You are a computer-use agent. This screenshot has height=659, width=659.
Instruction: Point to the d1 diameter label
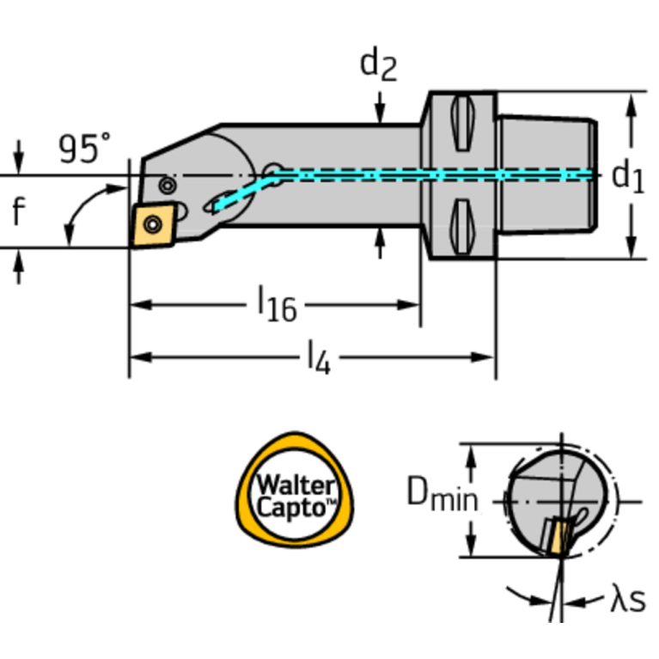[627, 178]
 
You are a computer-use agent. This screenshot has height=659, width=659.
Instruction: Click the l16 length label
[277, 305]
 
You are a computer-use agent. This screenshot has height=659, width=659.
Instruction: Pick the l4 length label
[318, 356]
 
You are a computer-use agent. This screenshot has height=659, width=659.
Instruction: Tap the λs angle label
[627, 600]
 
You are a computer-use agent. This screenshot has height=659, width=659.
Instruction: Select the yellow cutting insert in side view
[153, 225]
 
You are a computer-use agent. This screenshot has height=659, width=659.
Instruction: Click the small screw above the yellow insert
[168, 184]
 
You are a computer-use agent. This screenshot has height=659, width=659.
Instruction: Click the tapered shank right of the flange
[546, 176]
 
